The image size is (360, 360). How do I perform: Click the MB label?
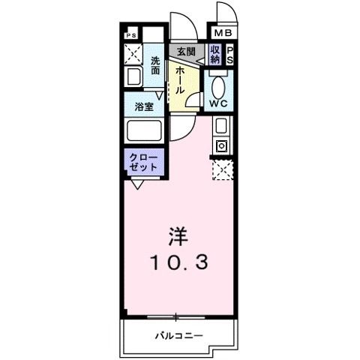223,33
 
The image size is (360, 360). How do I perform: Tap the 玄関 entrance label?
186,52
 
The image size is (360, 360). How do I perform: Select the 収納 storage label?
215,55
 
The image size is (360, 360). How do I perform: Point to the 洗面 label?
155,65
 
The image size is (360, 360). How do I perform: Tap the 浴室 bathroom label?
143,106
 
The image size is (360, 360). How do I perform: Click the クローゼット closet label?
143,162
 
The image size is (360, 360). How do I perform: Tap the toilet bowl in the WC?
218,84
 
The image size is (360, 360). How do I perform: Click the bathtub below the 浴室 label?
143,131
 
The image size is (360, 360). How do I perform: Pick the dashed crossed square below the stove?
223,171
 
